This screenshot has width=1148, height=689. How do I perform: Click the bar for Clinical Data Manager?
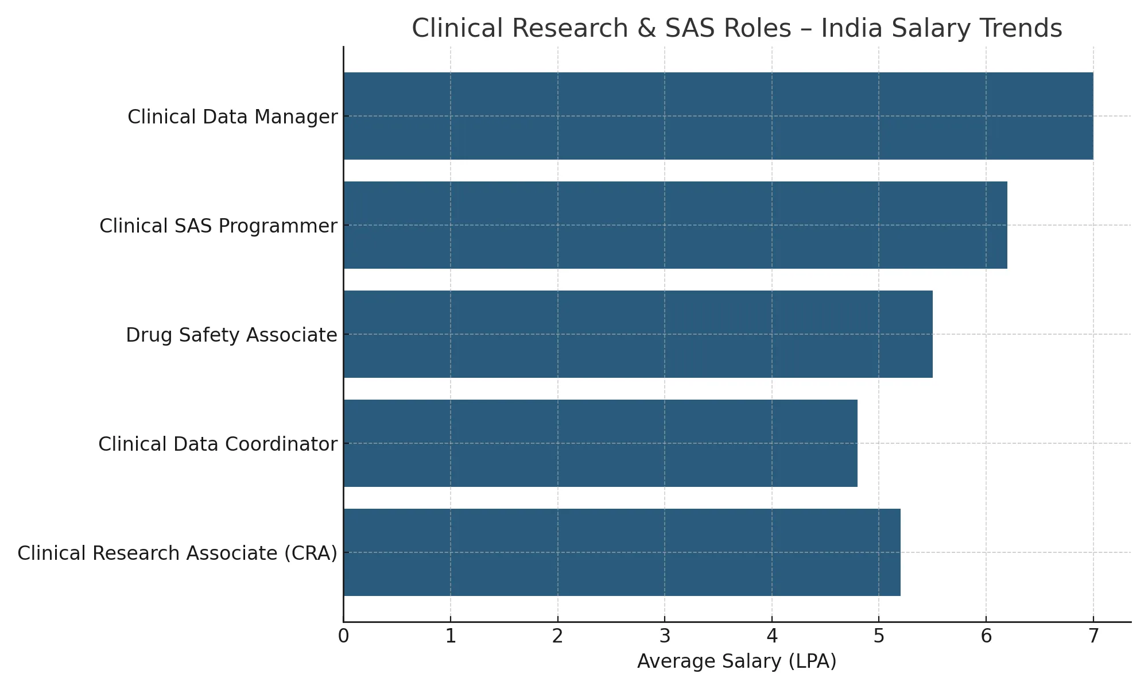(717, 116)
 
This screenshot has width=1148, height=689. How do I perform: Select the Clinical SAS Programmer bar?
(675, 225)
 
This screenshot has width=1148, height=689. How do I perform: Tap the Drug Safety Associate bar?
(638, 334)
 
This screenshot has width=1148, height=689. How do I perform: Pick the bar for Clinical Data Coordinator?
(600, 443)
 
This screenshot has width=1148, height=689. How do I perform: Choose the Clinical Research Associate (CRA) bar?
(622, 552)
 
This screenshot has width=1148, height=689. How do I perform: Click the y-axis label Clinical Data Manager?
(232, 117)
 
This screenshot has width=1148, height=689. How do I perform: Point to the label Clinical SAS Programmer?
(218, 226)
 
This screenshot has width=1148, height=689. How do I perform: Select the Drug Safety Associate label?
(231, 335)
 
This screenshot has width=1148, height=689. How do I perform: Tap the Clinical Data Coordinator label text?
(218, 444)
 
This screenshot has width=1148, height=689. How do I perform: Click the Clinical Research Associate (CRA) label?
(177, 553)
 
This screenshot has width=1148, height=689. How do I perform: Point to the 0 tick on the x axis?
(343, 637)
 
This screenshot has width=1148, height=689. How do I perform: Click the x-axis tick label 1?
(451, 637)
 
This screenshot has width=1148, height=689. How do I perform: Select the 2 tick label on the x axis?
(557, 637)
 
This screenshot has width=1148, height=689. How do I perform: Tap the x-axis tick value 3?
(665, 637)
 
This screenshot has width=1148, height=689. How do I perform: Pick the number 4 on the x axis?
(772, 637)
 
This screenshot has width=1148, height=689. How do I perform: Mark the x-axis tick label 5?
(879, 637)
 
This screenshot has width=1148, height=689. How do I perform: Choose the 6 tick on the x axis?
(986, 637)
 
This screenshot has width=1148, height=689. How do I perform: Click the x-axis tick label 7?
(1093, 637)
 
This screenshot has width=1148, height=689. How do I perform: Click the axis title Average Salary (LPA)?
(737, 662)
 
